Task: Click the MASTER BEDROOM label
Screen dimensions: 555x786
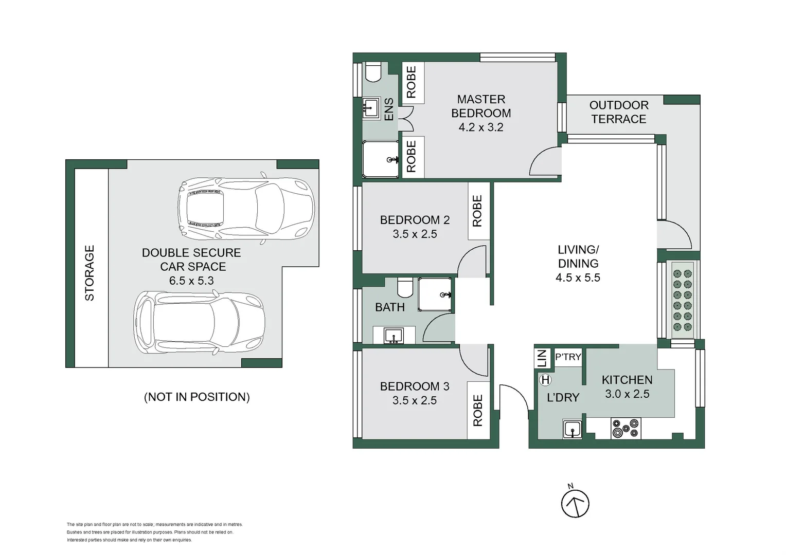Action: click(x=481, y=106)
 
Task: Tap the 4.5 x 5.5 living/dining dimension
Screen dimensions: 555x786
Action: click(x=578, y=277)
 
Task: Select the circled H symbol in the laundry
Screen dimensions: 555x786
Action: click(x=545, y=380)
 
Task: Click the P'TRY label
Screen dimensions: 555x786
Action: click(x=568, y=357)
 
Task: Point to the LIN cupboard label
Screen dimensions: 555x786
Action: click(x=542, y=358)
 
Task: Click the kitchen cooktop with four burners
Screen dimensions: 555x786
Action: click(x=626, y=429)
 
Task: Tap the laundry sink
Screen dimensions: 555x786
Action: click(x=573, y=429)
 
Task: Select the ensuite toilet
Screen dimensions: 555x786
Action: click(x=373, y=72)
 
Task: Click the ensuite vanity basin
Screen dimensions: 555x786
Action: click(x=370, y=108)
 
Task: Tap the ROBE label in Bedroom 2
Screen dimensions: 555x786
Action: click(x=477, y=211)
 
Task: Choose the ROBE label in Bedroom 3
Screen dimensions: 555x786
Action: click(x=478, y=410)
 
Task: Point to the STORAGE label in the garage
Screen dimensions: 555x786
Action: click(x=90, y=273)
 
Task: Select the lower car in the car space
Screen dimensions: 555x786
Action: click(x=200, y=323)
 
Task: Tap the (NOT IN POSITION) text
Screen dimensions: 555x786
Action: click(x=197, y=397)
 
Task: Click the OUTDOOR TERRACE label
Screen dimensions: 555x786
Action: click(x=618, y=112)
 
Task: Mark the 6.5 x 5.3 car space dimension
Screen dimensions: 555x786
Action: click(x=191, y=281)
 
